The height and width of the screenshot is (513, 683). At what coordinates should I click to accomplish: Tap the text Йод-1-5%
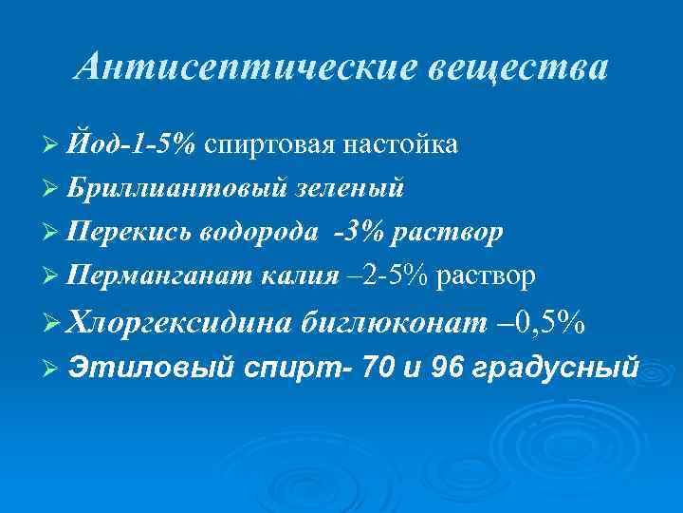click(x=133, y=143)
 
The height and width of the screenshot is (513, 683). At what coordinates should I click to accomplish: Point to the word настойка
click(x=402, y=143)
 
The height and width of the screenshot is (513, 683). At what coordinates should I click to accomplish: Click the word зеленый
click(x=349, y=187)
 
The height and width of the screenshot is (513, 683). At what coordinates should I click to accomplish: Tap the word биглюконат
click(x=393, y=324)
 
